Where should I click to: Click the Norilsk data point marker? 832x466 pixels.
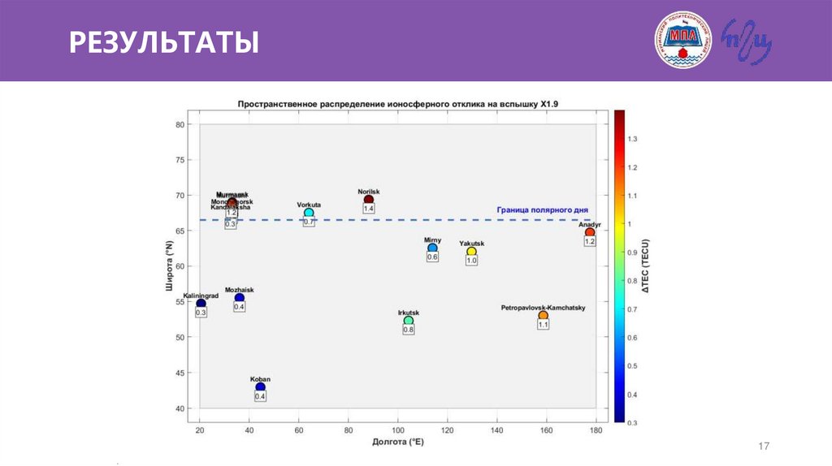click(369, 199)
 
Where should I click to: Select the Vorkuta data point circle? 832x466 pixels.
click(309, 213)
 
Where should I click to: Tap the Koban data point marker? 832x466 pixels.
click(260, 386)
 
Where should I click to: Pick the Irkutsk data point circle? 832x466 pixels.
click(409, 321)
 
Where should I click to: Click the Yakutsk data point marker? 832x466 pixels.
click(471, 251)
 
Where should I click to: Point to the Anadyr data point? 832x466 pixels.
click(590, 232)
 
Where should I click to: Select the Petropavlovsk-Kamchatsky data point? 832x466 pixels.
click(544, 315)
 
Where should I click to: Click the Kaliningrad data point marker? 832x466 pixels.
click(201, 304)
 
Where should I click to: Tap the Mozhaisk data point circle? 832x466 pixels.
click(240, 298)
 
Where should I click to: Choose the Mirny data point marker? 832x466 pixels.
click(432, 248)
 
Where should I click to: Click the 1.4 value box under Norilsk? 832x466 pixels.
click(369, 209)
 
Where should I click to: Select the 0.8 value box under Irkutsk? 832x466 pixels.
click(409, 330)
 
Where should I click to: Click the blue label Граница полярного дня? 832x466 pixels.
click(542, 209)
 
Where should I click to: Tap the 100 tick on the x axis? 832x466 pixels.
click(397, 430)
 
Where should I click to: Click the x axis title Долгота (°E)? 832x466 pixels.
click(398, 442)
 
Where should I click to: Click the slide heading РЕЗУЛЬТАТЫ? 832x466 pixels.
click(163, 41)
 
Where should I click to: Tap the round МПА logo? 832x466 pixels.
click(683, 40)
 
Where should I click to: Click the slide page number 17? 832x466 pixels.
click(763, 446)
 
